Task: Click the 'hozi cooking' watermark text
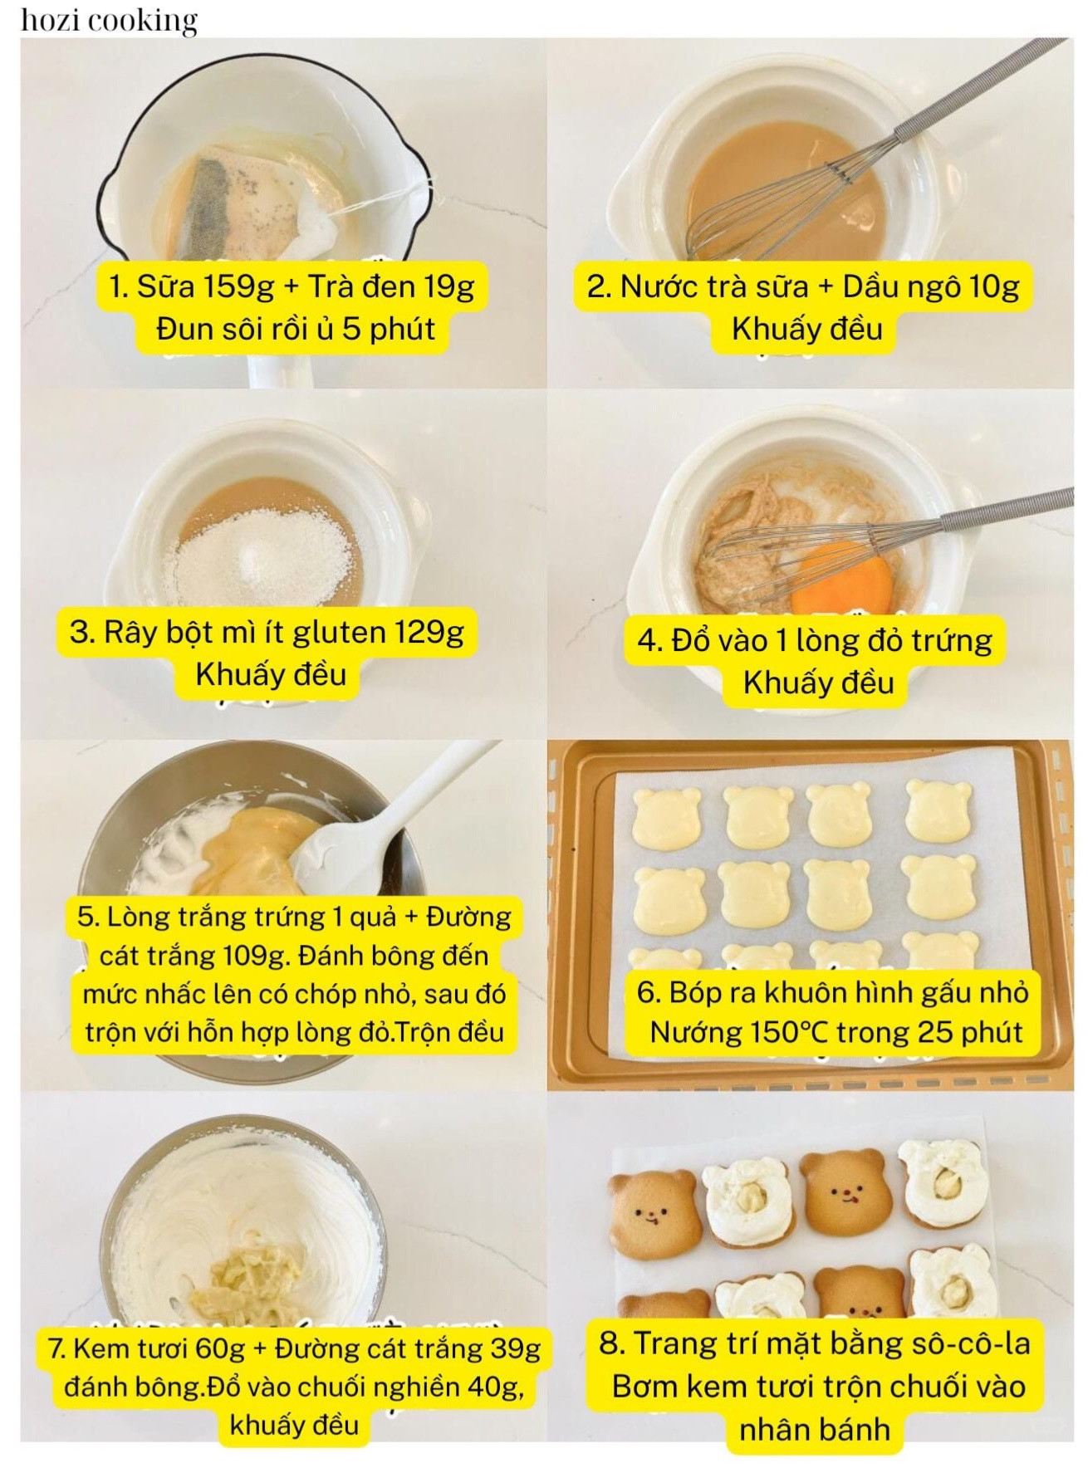point(109,21)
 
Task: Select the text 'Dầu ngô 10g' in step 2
point(930,286)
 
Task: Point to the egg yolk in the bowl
point(841,575)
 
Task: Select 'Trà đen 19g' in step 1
point(391,286)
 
